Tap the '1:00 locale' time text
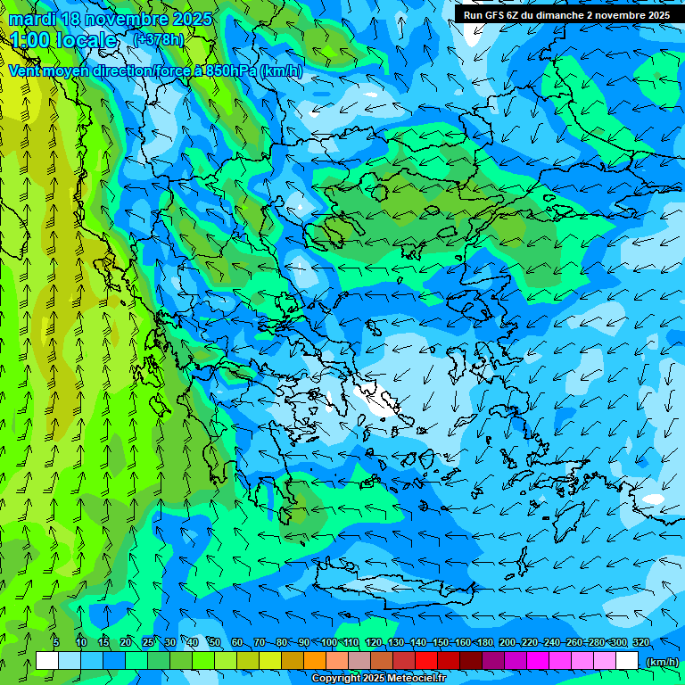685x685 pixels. pos(63,40)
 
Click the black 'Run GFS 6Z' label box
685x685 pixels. pos(567,15)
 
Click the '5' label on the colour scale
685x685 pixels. pos(55,643)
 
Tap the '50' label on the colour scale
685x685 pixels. pos(215,643)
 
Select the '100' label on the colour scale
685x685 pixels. pos(328,643)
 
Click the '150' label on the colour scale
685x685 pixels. pos(441,643)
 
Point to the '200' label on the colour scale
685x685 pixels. pos(508,643)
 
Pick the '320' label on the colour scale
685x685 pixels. pos(641,643)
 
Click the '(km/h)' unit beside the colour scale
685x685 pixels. pos(662,662)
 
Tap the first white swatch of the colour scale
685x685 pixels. pos(47,660)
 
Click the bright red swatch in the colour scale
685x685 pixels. pos(426,660)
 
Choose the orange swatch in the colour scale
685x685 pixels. pos(315,660)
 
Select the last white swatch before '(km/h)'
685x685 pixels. pos(627,660)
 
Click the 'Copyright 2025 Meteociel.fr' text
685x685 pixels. pos(379,679)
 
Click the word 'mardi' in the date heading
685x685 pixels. pos(29,19)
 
